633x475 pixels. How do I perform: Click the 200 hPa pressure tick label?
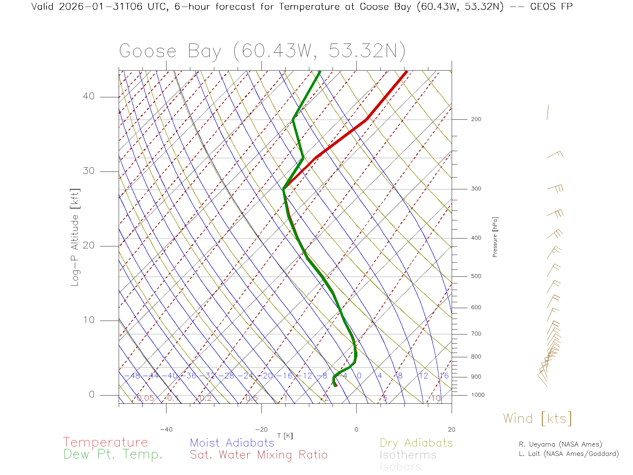click(476, 119)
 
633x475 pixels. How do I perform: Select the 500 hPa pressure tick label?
click(476, 276)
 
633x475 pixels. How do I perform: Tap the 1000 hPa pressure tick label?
click(478, 395)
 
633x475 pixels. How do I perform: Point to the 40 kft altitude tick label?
click(89, 96)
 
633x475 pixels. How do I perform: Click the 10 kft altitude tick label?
click(89, 320)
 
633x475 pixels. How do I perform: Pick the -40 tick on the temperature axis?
click(166, 429)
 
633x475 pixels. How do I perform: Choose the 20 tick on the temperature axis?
click(451, 429)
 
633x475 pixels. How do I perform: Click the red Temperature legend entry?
click(105, 442)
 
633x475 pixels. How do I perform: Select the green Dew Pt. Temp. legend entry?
click(113, 455)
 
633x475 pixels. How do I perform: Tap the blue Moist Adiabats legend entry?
click(232, 443)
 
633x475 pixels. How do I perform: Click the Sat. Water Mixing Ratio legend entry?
click(258, 455)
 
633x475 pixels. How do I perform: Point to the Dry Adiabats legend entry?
click(416, 443)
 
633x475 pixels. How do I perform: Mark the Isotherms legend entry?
click(408, 455)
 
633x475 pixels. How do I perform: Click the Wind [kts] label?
click(537, 418)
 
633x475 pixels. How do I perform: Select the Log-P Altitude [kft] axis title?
click(75, 237)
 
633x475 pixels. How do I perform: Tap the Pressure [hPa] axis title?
click(495, 237)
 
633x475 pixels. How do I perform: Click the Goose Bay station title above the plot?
click(262, 51)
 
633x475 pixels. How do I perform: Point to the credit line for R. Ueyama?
click(560, 444)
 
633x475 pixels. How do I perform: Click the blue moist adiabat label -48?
click(135, 376)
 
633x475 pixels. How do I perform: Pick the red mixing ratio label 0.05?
click(145, 398)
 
